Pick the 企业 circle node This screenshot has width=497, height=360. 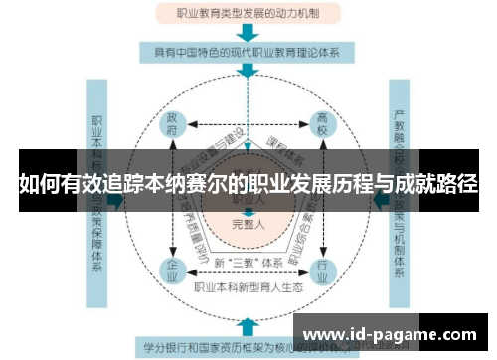click(x=172, y=270)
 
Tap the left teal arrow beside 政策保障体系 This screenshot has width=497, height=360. click(x=116, y=199)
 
